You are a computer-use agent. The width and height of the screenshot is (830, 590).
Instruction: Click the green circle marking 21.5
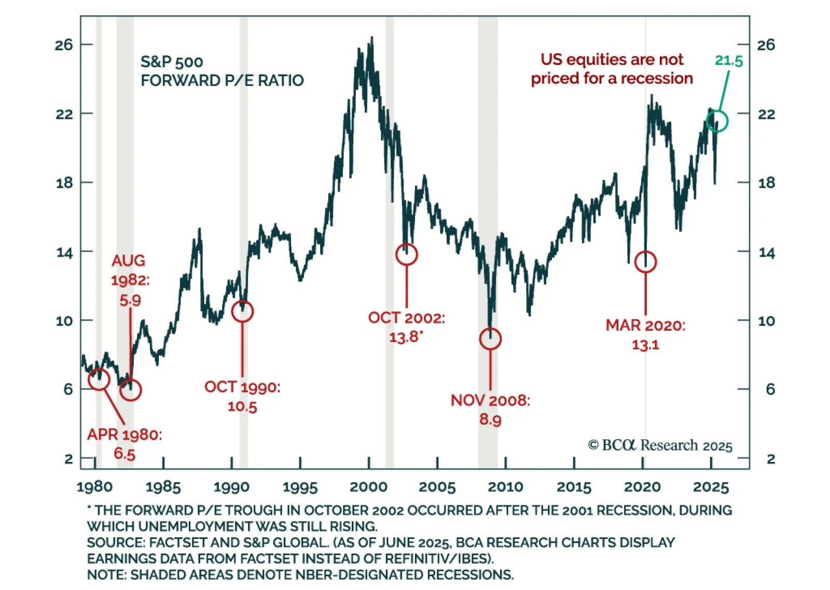pyautogui.click(x=717, y=121)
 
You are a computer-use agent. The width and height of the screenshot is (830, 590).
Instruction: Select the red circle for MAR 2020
pyautogui.click(x=645, y=262)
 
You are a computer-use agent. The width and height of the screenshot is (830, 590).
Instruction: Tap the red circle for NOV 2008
pyautogui.click(x=490, y=339)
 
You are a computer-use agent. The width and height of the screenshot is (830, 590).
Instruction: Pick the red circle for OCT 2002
pyautogui.click(x=406, y=255)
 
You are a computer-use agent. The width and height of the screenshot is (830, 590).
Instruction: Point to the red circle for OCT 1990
pyautogui.click(x=242, y=311)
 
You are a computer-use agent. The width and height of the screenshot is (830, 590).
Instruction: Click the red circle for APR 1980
pyautogui.click(x=99, y=379)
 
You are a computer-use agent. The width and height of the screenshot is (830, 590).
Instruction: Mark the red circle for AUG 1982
pyautogui.click(x=130, y=390)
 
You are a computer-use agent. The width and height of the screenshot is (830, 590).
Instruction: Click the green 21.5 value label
pyautogui.click(x=728, y=61)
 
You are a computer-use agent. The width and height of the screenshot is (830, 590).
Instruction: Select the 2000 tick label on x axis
pyautogui.click(x=368, y=487)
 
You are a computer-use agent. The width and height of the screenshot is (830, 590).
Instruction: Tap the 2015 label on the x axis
pyautogui.click(x=574, y=487)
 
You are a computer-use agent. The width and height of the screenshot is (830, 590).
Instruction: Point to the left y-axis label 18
pyautogui.click(x=64, y=183)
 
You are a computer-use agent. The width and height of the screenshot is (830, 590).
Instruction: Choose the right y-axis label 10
pyautogui.click(x=766, y=321)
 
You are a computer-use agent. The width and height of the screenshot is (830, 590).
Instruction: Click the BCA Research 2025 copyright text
pyautogui.click(x=660, y=445)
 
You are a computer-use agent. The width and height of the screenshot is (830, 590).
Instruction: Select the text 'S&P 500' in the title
pyautogui.click(x=172, y=62)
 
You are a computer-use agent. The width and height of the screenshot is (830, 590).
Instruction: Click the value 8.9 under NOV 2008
pyautogui.click(x=490, y=419)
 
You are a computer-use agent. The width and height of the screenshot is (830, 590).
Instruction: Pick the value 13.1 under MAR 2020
pyautogui.click(x=645, y=345)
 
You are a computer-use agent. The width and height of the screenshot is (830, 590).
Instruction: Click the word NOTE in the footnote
pyautogui.click(x=106, y=574)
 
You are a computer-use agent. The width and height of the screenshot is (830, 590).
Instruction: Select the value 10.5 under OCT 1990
pyautogui.click(x=242, y=406)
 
